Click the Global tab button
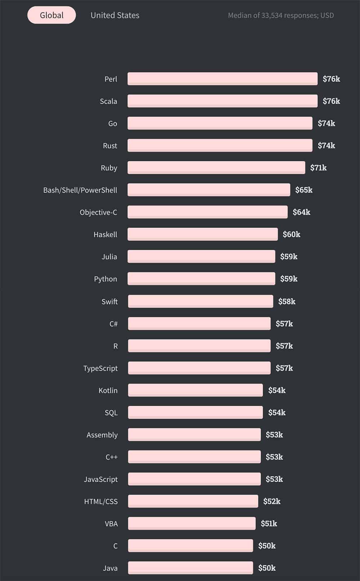point(51,15)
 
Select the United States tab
point(115,15)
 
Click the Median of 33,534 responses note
point(281,15)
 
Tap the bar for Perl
point(222,79)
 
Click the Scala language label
point(108,101)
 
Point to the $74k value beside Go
point(326,123)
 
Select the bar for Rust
point(220,145)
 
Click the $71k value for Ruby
point(318,168)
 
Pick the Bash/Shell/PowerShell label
point(80,190)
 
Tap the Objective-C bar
point(207,212)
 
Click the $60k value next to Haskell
point(291,234)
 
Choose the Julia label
point(109,257)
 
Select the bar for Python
point(201,279)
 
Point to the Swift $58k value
point(287,301)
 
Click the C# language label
point(113,324)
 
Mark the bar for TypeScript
point(199,368)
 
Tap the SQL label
point(111,413)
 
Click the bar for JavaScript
point(194,479)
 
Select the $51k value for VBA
point(269,523)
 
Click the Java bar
point(190,568)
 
